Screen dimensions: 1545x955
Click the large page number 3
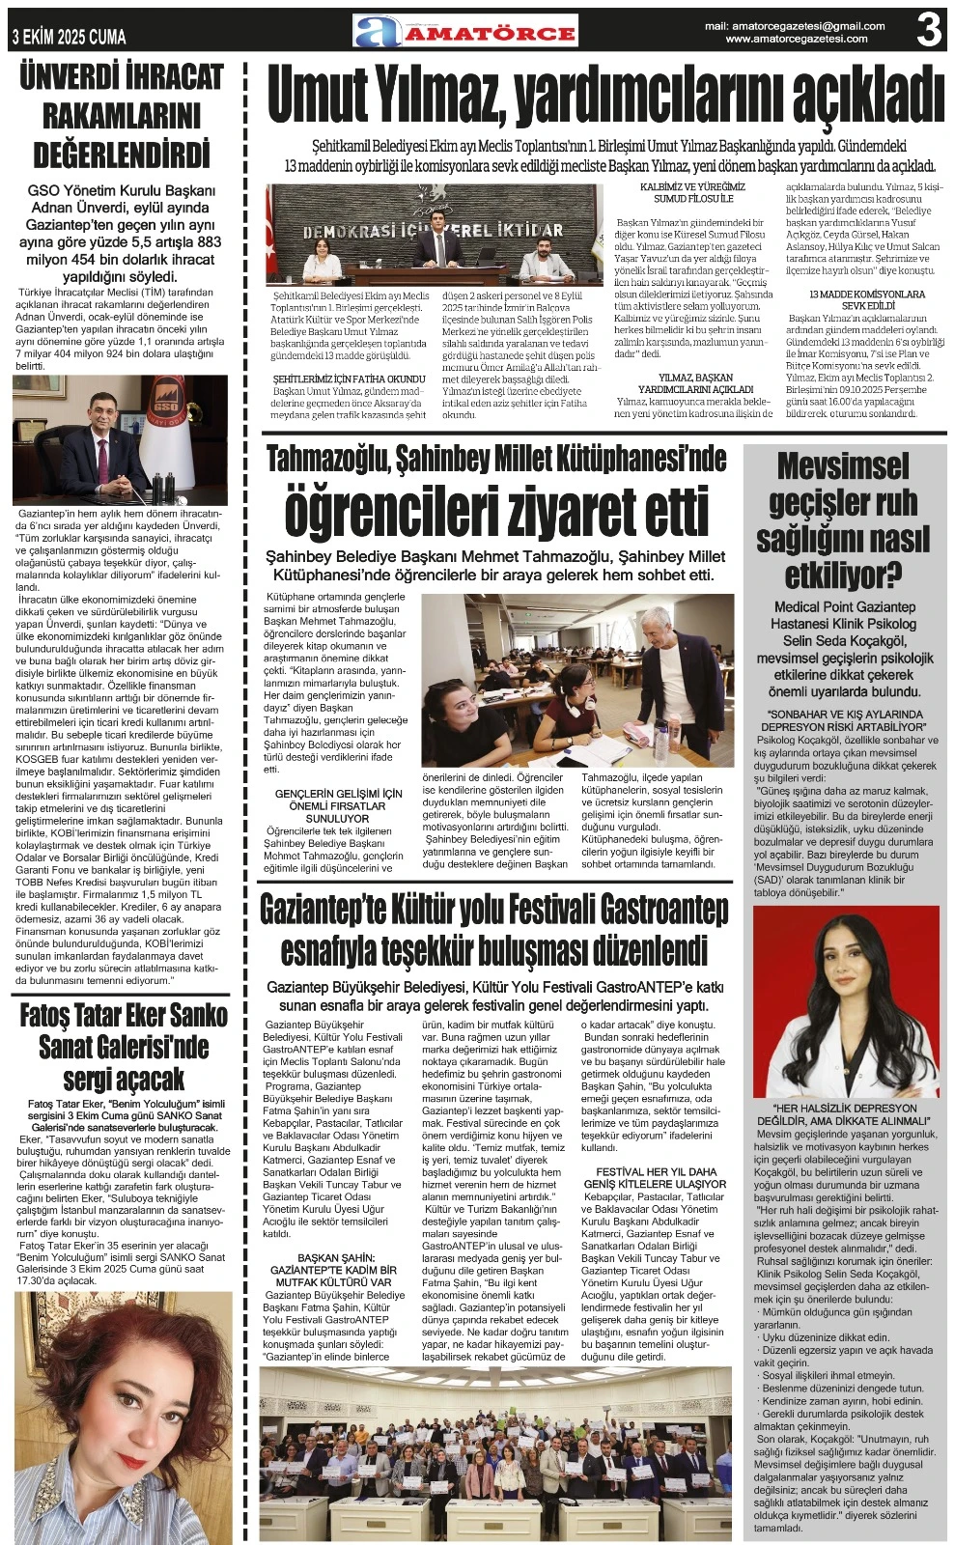tap(928, 30)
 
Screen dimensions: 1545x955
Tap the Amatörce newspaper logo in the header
tap(464, 31)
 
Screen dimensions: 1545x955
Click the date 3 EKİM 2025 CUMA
tap(69, 38)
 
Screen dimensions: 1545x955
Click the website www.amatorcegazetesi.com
tap(797, 39)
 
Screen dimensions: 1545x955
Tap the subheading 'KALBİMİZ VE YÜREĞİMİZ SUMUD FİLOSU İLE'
tap(692, 192)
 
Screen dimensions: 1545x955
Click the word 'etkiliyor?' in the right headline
tap(842, 576)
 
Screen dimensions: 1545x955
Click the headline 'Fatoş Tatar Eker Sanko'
tap(123, 1015)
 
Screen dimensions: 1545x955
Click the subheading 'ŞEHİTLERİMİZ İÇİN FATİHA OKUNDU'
tap(349, 379)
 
